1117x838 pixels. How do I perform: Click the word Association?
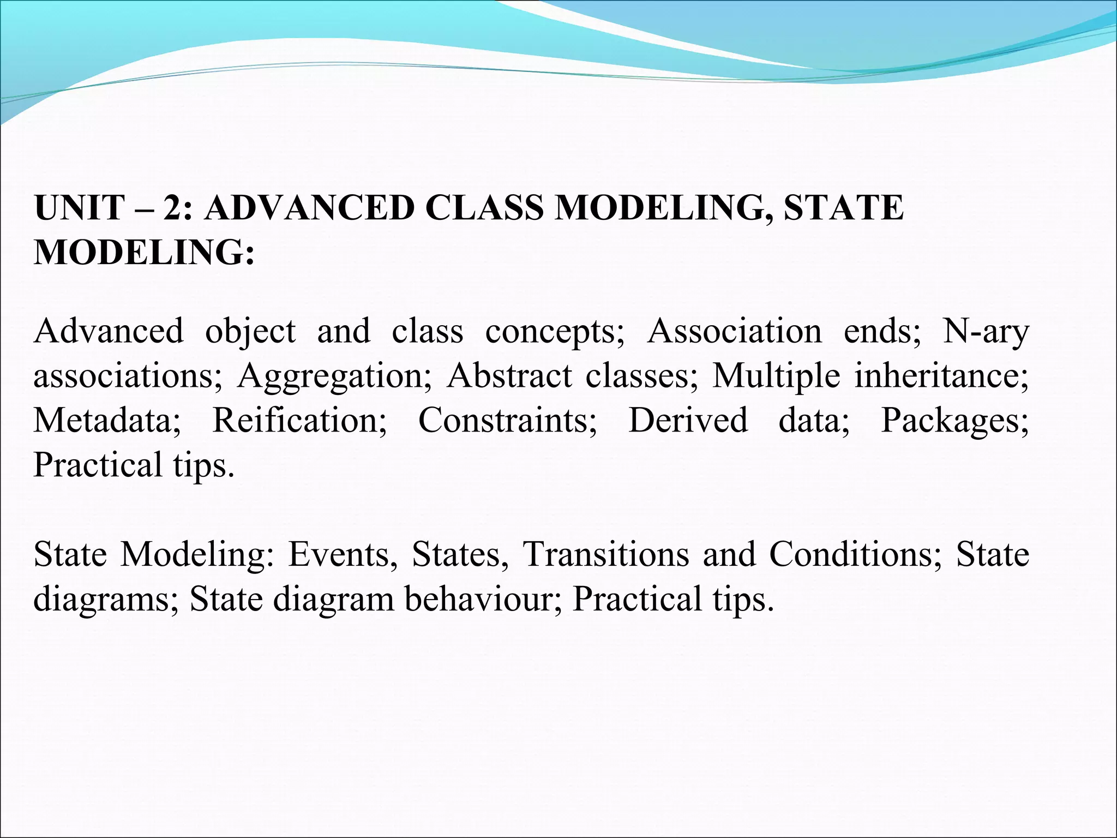(x=734, y=331)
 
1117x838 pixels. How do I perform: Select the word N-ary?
(x=986, y=331)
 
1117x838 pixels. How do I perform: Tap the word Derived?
(x=688, y=420)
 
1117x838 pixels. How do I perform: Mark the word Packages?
(x=954, y=421)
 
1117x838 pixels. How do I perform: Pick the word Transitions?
(x=605, y=554)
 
